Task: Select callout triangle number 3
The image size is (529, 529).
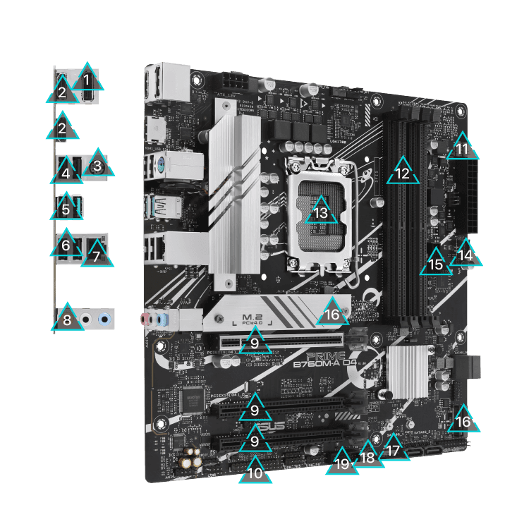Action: click(98, 165)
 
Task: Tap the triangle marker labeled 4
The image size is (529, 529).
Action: click(66, 171)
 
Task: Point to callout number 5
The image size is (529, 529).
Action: click(66, 209)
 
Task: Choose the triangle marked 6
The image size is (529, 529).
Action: click(66, 245)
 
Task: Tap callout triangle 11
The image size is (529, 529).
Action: click(462, 149)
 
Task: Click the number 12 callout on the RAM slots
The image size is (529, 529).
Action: click(402, 172)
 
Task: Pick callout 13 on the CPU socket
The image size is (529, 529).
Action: click(321, 212)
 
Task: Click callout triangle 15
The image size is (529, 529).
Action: click(435, 264)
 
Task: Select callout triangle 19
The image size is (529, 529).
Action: click(341, 463)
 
